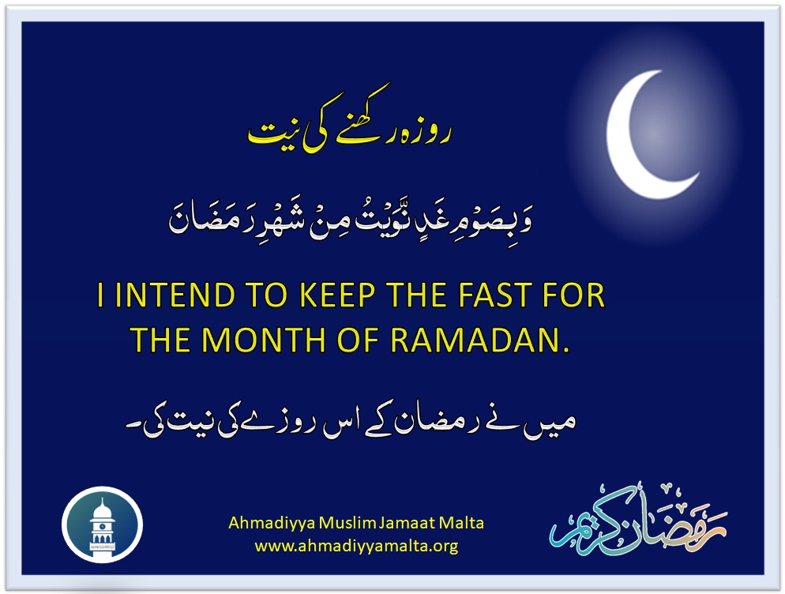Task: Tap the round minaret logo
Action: pyautogui.click(x=102, y=524)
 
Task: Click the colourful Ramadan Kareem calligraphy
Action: pyautogui.click(x=638, y=521)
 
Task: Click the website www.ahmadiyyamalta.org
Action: pyautogui.click(x=356, y=545)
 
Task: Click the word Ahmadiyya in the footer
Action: pyautogui.click(x=272, y=524)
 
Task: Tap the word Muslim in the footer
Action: pyautogui.click(x=347, y=523)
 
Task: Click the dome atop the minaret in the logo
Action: pyautogui.click(x=102, y=509)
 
